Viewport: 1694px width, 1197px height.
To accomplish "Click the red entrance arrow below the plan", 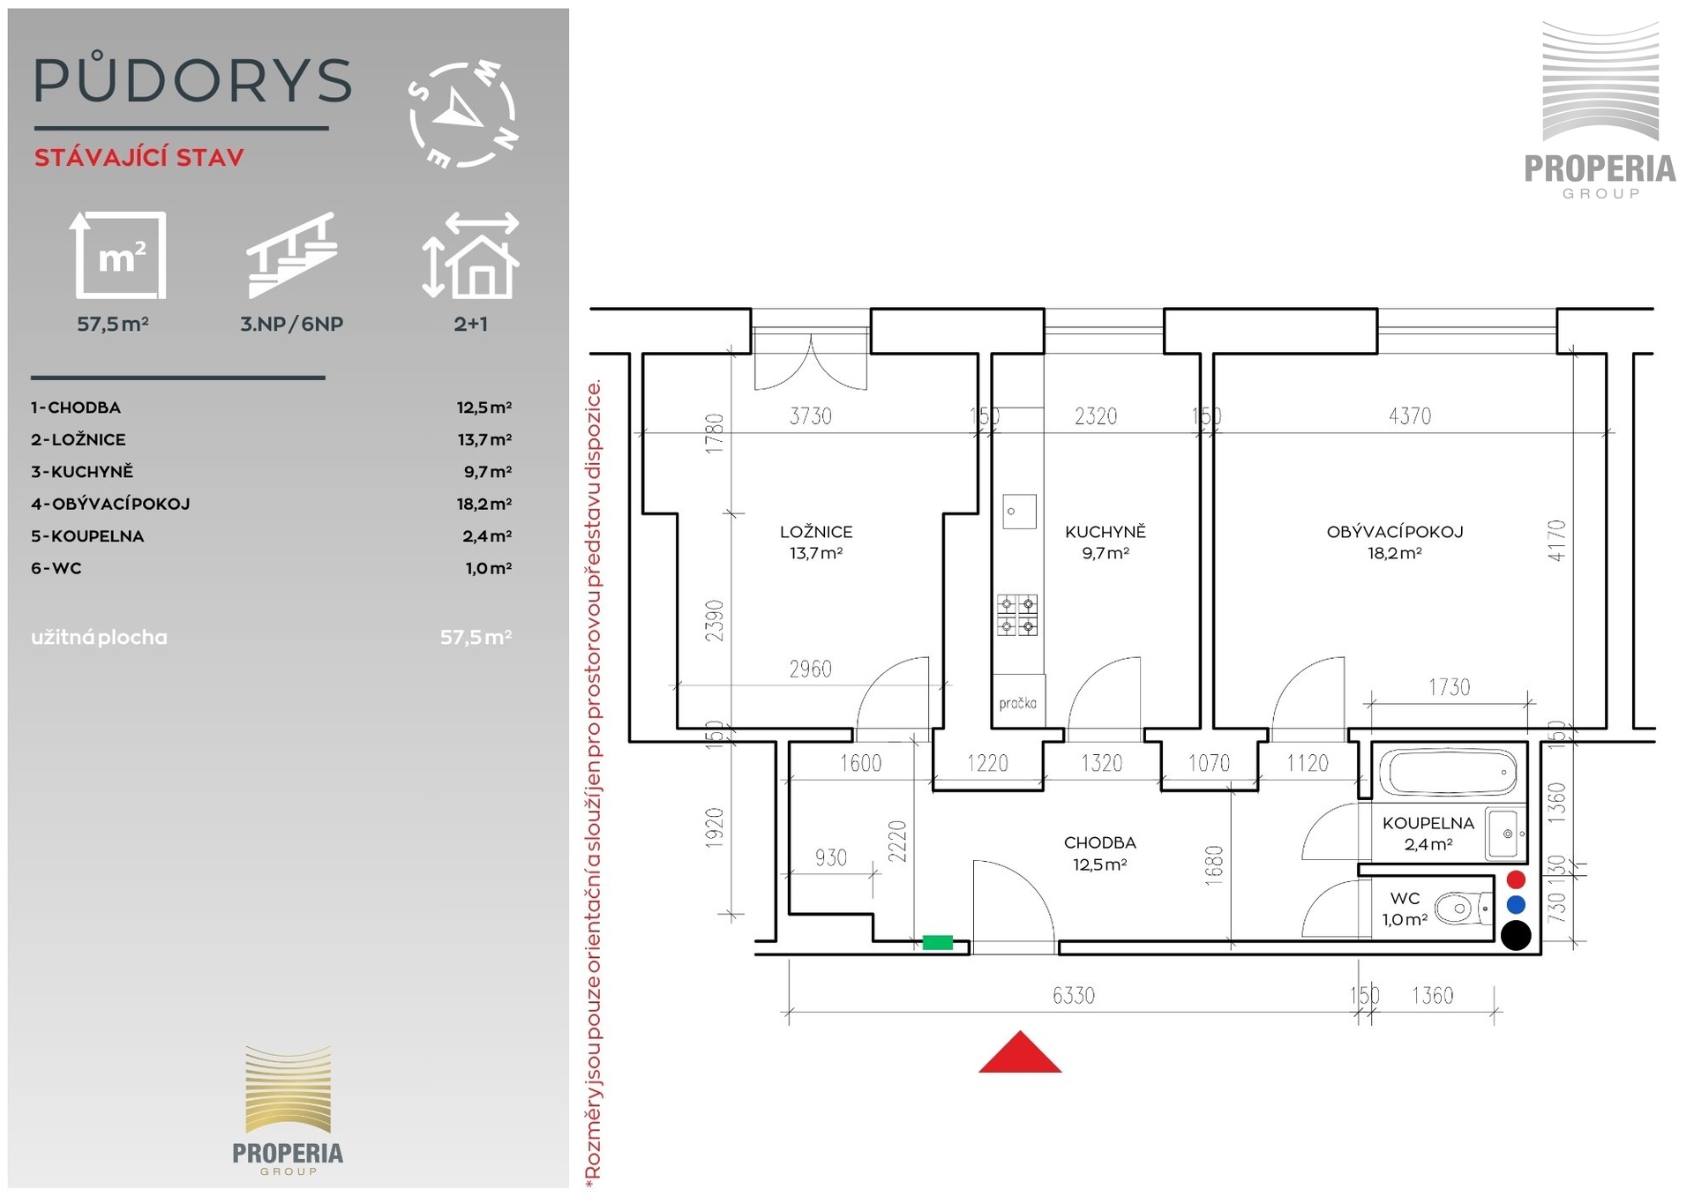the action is pyautogui.click(x=1020, y=1052).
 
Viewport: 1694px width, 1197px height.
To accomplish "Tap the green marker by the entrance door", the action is pyautogui.click(x=937, y=942).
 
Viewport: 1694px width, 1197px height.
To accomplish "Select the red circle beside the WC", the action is pyautogui.click(x=1516, y=879).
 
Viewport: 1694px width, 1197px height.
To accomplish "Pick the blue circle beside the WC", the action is pyautogui.click(x=1516, y=904).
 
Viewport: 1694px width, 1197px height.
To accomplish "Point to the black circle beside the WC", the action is pyautogui.click(x=1516, y=935).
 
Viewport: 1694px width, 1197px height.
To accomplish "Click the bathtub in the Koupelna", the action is pyautogui.click(x=1449, y=772).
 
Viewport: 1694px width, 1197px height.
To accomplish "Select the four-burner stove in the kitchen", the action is pyautogui.click(x=1017, y=616).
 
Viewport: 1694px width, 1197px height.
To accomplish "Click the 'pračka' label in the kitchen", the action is pyautogui.click(x=1017, y=703).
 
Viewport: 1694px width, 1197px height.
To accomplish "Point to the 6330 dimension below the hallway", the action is pyautogui.click(x=1074, y=995).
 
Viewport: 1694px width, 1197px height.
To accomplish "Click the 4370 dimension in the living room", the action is pyautogui.click(x=1410, y=415).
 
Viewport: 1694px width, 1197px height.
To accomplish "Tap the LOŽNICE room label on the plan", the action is pyautogui.click(x=816, y=532).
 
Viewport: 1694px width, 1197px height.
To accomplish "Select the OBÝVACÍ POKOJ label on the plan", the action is pyautogui.click(x=1395, y=532).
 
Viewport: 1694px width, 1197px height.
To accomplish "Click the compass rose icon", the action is pyautogui.click(x=463, y=115).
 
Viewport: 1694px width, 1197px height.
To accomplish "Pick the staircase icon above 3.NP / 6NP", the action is pyautogui.click(x=292, y=255).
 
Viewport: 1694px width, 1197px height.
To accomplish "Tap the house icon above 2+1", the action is pyautogui.click(x=470, y=254).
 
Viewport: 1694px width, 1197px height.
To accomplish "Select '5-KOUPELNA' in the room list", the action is pyautogui.click(x=87, y=536).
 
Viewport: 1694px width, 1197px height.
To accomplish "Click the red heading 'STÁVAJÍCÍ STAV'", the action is pyautogui.click(x=139, y=158).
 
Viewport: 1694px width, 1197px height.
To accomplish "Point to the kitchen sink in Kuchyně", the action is pyautogui.click(x=1019, y=512).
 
